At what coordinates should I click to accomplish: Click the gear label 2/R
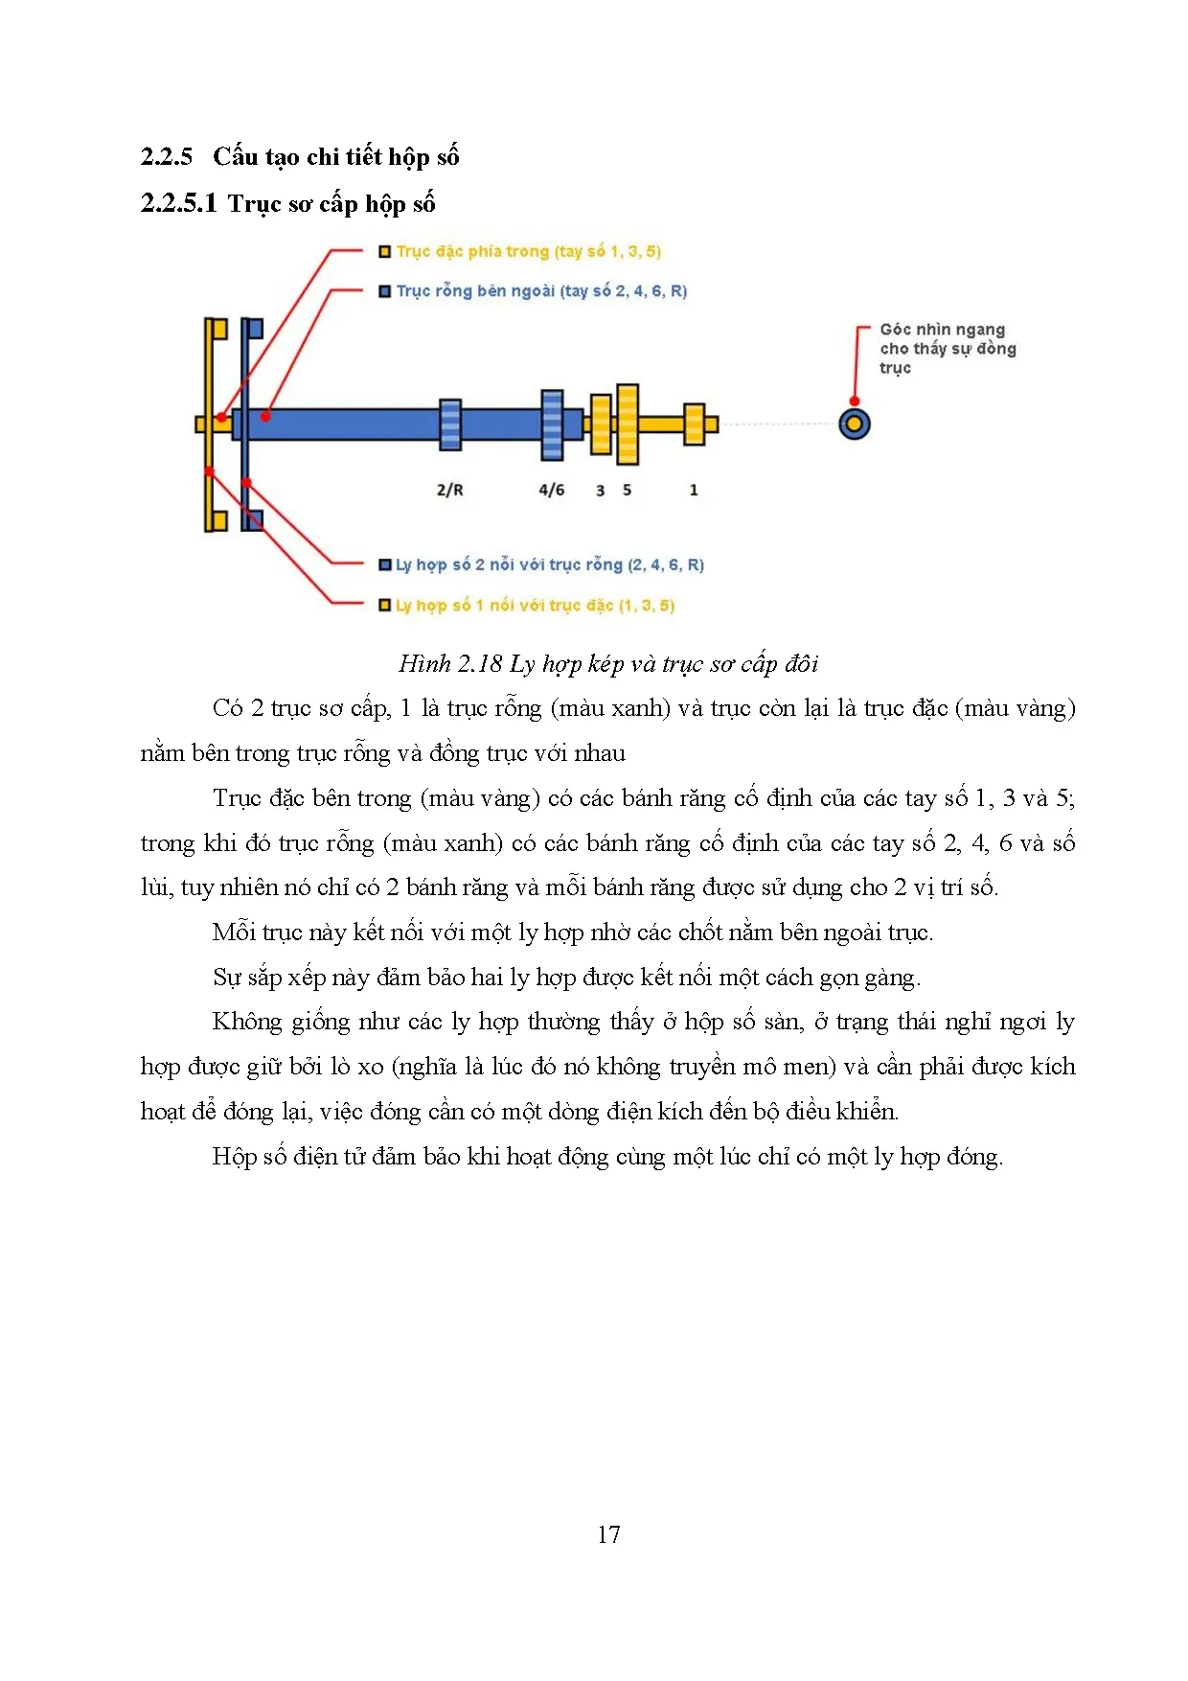pyautogui.click(x=449, y=490)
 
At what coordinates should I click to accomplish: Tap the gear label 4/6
pyautogui.click(x=552, y=490)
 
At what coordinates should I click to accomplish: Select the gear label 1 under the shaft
pyautogui.click(x=694, y=490)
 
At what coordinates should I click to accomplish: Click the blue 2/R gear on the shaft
pyautogui.click(x=450, y=425)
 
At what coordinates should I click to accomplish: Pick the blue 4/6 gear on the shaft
pyautogui.click(x=552, y=425)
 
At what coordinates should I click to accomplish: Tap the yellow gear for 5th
pyautogui.click(x=628, y=424)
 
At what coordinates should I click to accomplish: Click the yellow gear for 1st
pyautogui.click(x=695, y=424)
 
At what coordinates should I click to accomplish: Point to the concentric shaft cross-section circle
pyautogui.click(x=854, y=424)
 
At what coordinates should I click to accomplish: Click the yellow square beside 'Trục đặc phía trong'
pyautogui.click(x=384, y=252)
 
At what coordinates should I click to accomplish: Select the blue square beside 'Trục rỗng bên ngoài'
pyautogui.click(x=384, y=291)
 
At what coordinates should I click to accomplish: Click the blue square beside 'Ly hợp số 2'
pyautogui.click(x=384, y=565)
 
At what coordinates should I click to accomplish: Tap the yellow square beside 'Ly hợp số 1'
pyautogui.click(x=384, y=606)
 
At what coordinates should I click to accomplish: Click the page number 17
pyautogui.click(x=608, y=1534)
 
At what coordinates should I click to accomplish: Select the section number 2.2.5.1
pyautogui.click(x=178, y=203)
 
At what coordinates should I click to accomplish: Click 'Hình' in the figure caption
pyautogui.click(x=424, y=663)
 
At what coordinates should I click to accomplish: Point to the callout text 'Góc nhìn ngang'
pyautogui.click(x=942, y=330)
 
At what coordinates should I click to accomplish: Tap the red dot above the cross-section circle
pyautogui.click(x=854, y=402)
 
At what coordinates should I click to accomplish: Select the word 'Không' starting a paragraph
pyautogui.click(x=247, y=1022)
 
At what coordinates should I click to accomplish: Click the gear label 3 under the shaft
pyautogui.click(x=601, y=490)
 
